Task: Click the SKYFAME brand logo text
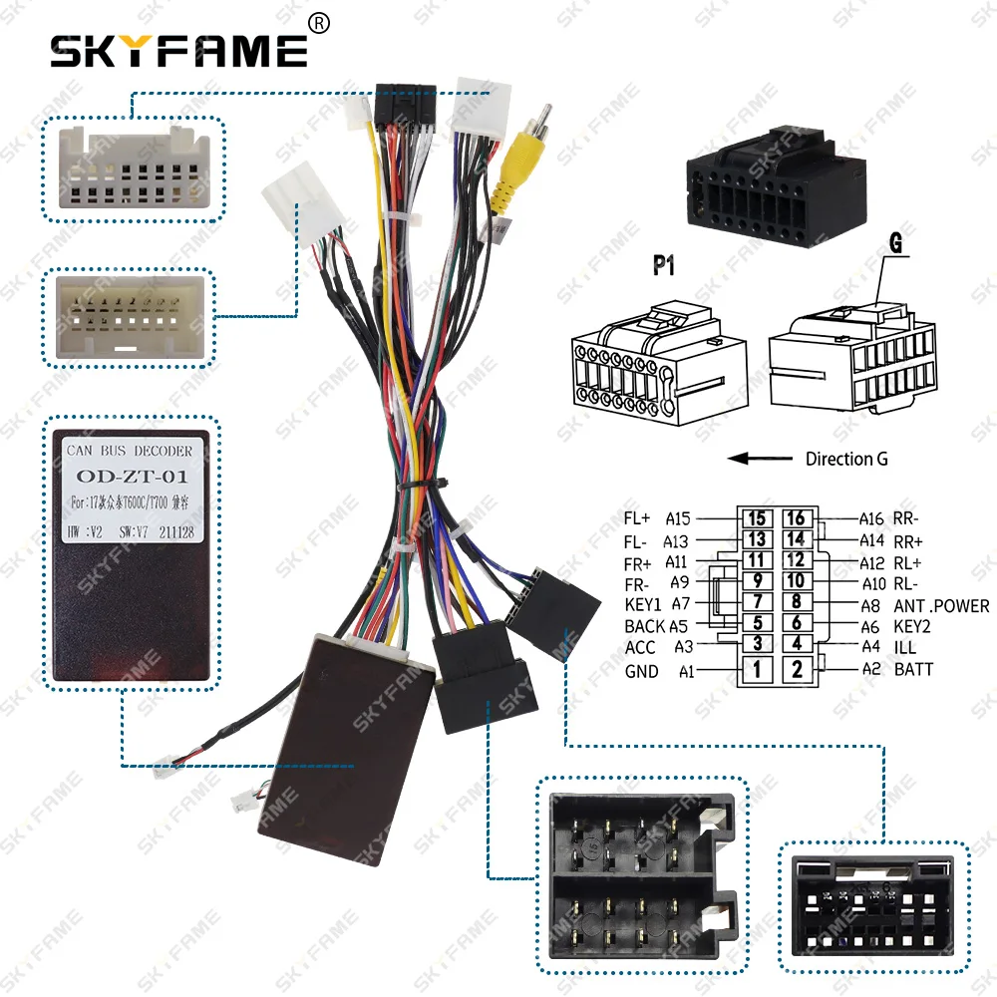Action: point(179,50)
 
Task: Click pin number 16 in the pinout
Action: point(795,518)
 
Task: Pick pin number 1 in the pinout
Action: point(757,669)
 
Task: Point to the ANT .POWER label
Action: point(941,605)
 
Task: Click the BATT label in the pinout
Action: point(913,669)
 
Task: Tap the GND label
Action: point(641,671)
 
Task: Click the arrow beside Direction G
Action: point(755,459)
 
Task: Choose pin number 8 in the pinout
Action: point(795,601)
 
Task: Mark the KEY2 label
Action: point(914,626)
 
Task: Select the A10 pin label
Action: point(873,583)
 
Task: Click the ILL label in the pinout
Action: point(905,647)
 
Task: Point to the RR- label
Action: point(906,518)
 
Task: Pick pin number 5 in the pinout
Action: point(757,623)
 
